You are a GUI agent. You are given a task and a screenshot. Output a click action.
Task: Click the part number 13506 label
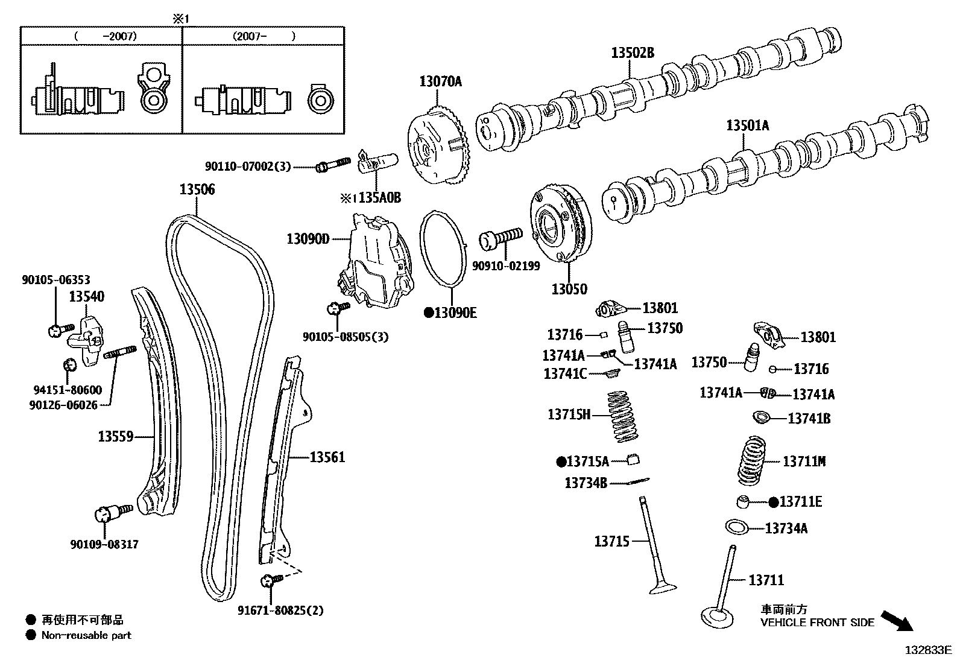point(197,190)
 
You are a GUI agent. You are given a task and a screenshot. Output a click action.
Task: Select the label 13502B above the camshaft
point(632,53)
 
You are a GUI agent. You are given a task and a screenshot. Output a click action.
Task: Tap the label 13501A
point(747,125)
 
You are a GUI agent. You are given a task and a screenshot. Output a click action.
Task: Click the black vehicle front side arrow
point(897,621)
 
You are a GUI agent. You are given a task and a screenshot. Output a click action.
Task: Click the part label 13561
point(327,457)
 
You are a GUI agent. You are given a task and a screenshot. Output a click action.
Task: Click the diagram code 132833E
point(927,650)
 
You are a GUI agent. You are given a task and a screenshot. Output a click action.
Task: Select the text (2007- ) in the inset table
point(264,36)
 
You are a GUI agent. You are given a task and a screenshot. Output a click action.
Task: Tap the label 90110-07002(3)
point(248,166)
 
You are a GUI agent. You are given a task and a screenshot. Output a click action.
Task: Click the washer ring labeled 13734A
point(737,527)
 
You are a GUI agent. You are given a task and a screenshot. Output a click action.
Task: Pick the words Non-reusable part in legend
point(86,635)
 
